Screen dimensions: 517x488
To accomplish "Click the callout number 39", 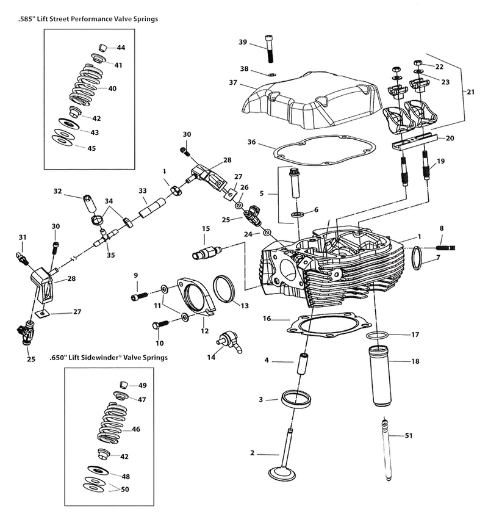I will pyautogui.click(x=243, y=42).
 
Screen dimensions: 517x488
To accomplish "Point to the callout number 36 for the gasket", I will pyautogui.click(x=251, y=142).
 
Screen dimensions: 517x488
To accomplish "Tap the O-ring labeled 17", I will pyautogui.click(x=378, y=336).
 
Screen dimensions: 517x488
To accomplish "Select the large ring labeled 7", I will pyautogui.click(x=416, y=256).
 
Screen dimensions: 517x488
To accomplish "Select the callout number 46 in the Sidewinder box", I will pyautogui.click(x=136, y=429).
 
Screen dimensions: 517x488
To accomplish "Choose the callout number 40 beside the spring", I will pyautogui.click(x=112, y=88).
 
